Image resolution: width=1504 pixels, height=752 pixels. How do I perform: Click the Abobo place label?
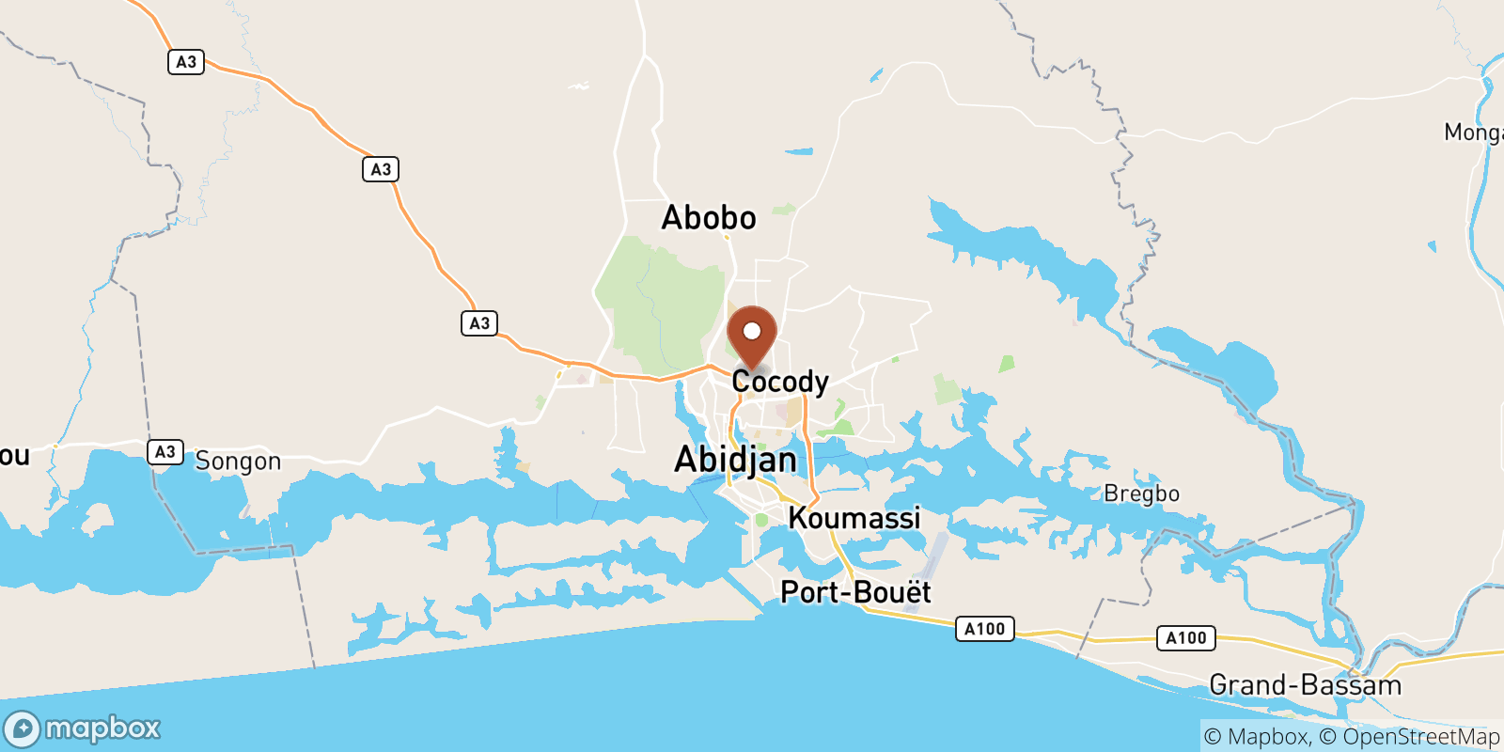(x=709, y=218)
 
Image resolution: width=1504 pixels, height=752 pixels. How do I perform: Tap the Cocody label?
(x=780, y=382)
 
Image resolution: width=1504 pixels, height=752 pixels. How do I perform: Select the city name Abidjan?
(x=736, y=460)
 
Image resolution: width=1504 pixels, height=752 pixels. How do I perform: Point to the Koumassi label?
(x=854, y=518)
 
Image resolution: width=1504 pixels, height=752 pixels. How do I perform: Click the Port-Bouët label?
(x=855, y=592)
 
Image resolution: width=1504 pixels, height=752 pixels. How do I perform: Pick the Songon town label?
(x=238, y=462)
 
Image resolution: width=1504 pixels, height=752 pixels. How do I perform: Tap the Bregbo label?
(x=1141, y=493)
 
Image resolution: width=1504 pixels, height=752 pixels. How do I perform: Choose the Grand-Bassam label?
(x=1305, y=685)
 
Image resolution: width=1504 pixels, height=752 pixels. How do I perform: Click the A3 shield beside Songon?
(x=165, y=452)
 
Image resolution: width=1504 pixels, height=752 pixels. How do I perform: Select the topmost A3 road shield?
(x=186, y=62)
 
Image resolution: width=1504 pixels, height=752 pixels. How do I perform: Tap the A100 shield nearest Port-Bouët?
(x=984, y=629)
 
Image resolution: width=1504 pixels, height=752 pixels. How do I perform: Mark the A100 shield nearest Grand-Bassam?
(x=1185, y=638)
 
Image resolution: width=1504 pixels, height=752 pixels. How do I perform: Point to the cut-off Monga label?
(x=1473, y=133)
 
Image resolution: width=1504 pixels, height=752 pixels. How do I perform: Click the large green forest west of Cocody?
(x=658, y=310)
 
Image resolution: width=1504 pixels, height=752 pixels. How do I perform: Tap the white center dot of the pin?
(x=752, y=331)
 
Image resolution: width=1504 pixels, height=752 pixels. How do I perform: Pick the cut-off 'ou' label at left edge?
(x=14, y=456)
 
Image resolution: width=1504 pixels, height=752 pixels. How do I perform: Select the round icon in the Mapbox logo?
(x=22, y=729)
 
